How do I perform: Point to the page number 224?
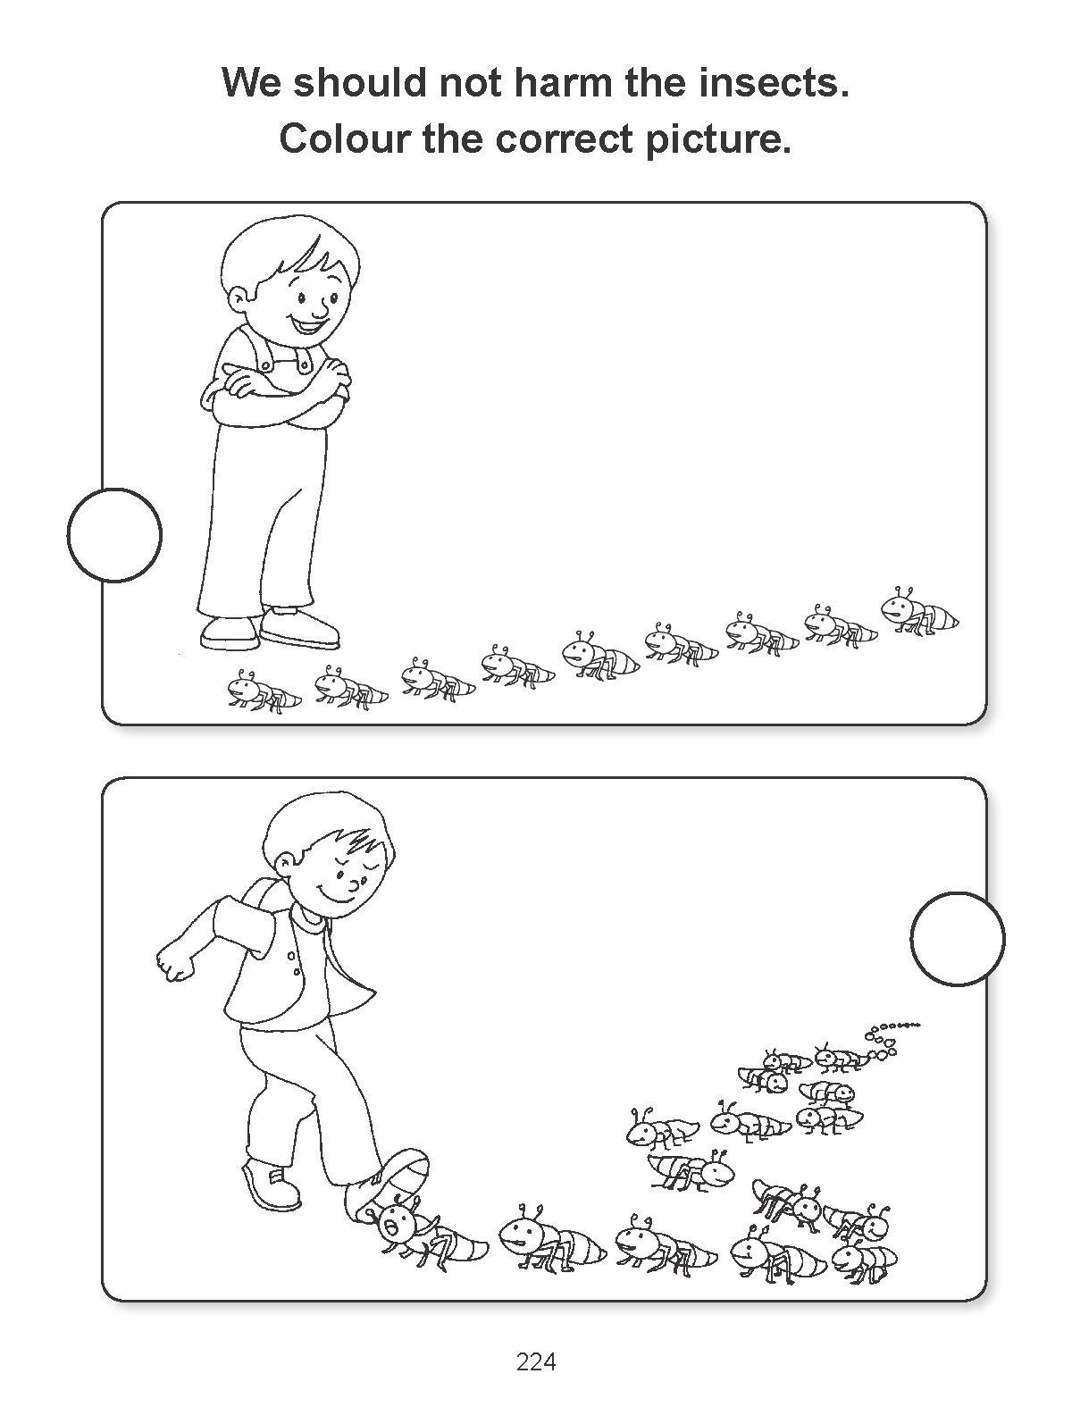pyautogui.click(x=536, y=1338)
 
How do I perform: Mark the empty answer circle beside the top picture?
pyautogui.click(x=114, y=535)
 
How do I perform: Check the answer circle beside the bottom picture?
pyautogui.click(x=958, y=939)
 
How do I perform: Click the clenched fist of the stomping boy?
pyautogui.click(x=173, y=963)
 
